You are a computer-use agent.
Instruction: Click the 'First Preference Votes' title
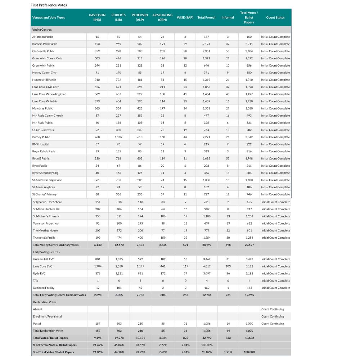click(x=49, y=5)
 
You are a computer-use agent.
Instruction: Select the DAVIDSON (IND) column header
click(x=97, y=17)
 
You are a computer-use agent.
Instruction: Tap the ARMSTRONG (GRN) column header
click(x=162, y=17)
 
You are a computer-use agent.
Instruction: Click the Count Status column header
click(x=275, y=17)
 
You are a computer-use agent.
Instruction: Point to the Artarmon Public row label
click(x=42, y=37)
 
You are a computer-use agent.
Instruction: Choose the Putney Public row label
click(x=41, y=137)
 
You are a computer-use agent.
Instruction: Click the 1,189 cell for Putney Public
click(x=118, y=137)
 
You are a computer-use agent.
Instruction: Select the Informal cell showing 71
click(x=228, y=137)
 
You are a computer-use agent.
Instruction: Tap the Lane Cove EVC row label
click(x=42, y=266)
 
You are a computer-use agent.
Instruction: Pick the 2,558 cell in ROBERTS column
click(x=119, y=266)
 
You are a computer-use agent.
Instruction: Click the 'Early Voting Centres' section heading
click(x=46, y=252)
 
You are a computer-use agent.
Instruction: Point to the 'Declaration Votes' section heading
click(x=45, y=302)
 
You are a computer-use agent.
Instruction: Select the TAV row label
click(x=35, y=281)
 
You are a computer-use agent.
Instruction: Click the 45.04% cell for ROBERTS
click(x=119, y=345)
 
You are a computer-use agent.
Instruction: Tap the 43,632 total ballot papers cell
click(x=249, y=338)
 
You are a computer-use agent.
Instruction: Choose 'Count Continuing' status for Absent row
click(x=273, y=309)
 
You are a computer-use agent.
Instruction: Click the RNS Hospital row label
click(x=41, y=144)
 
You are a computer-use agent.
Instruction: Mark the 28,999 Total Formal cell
click(x=206, y=245)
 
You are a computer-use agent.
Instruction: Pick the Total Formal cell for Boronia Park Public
click(x=206, y=44)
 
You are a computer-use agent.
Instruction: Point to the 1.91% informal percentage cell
click(x=228, y=352)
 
